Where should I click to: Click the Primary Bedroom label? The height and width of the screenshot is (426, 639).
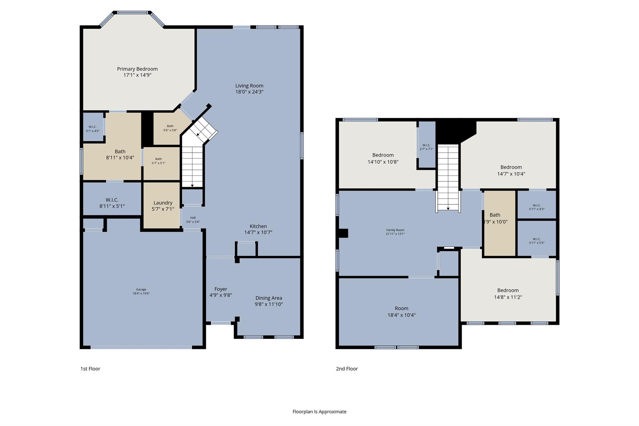137,69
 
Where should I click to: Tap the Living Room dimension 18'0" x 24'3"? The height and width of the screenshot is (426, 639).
249,92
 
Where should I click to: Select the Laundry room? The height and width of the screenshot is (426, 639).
163,206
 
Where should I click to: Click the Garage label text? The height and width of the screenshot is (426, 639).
141,289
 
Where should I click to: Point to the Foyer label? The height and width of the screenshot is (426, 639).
221,289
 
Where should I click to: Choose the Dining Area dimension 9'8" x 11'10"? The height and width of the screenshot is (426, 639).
269,304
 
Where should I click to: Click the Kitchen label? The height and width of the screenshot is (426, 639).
258,226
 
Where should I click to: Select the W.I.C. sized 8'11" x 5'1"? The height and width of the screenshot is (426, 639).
112,203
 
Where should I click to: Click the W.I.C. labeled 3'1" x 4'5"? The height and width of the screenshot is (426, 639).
93,129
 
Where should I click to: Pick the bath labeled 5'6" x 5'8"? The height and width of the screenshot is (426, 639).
170,128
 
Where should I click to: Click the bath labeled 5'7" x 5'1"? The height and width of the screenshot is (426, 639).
159,161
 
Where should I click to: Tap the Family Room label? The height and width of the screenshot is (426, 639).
395,230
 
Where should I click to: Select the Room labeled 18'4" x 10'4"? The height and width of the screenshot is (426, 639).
401,311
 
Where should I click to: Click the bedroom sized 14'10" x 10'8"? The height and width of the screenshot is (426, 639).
383,158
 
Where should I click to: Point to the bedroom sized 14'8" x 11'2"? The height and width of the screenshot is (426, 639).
508,294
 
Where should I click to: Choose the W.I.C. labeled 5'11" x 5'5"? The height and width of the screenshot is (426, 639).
537,241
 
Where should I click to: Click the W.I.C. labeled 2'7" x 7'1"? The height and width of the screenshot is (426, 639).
426,147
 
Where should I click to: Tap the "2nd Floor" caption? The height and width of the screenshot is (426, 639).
347,369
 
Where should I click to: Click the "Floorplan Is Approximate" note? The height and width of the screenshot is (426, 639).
319,412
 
